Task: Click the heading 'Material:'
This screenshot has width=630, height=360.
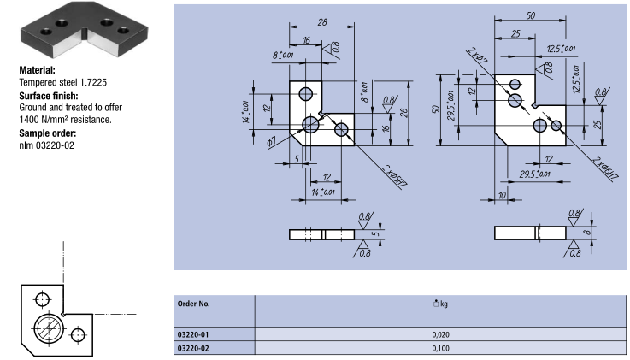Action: tap(38, 70)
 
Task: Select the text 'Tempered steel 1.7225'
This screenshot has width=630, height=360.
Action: tap(63, 82)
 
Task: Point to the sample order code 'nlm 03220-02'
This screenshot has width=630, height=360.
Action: tap(47, 145)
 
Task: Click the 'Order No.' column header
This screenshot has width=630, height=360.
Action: tap(194, 304)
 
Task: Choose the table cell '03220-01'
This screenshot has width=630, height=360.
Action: tap(193, 334)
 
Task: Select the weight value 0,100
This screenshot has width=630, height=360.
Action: tap(441, 348)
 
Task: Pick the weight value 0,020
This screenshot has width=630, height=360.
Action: tap(441, 334)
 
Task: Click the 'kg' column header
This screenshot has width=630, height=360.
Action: tap(441, 304)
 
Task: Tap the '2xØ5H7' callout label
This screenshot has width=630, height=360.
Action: tap(395, 176)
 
